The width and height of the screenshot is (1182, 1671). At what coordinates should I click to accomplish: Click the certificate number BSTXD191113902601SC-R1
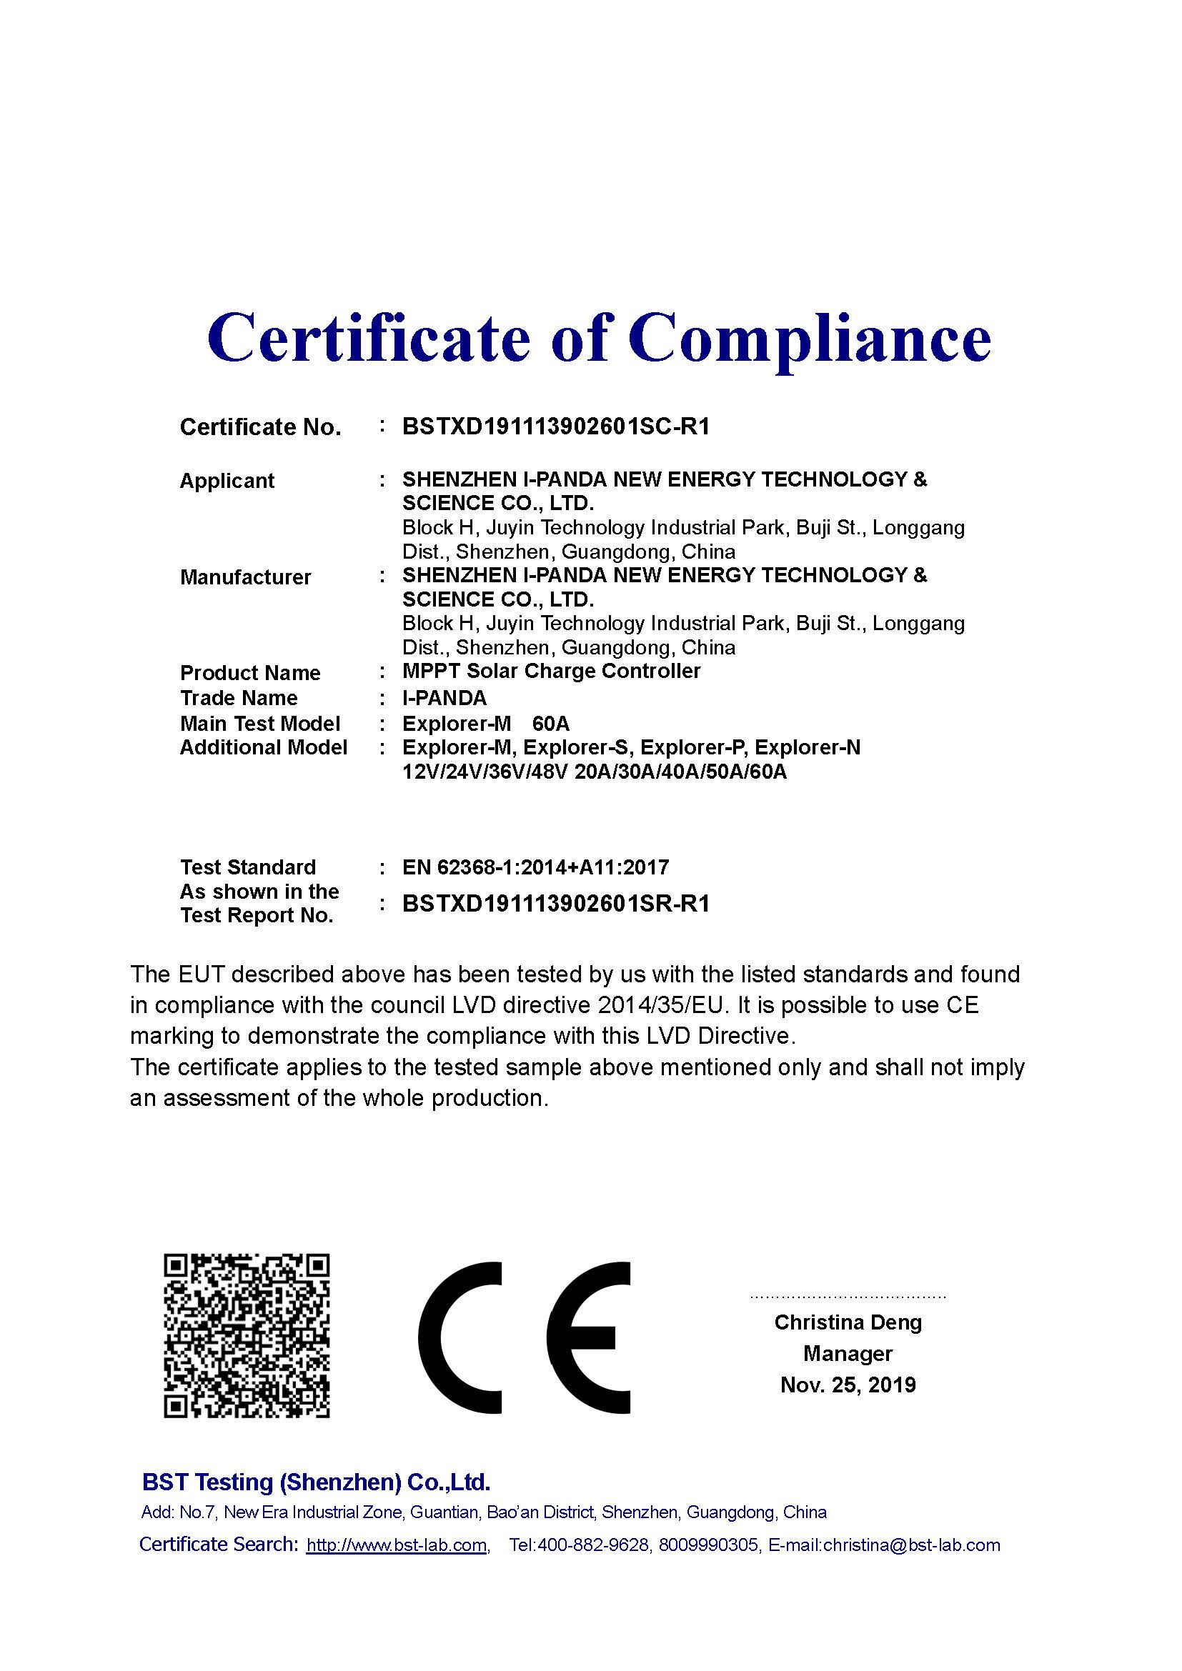[555, 427]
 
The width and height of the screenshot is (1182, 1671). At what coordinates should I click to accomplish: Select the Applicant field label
[227, 481]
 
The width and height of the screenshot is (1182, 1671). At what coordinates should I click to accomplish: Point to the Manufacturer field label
[245, 577]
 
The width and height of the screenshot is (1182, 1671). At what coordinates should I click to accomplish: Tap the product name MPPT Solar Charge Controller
[551, 671]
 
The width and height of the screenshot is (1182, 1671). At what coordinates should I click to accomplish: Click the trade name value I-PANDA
[444, 698]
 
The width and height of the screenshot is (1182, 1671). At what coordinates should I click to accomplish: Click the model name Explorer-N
[814, 747]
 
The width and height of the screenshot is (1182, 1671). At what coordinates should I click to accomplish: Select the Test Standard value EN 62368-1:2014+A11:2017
[535, 867]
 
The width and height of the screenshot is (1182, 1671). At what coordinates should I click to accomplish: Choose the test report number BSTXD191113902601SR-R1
[555, 904]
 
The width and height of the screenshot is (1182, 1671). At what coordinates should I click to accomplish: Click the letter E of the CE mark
[588, 1337]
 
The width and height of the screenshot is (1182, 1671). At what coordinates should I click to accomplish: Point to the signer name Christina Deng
[848, 1322]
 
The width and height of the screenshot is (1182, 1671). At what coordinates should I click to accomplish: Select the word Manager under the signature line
[848, 1354]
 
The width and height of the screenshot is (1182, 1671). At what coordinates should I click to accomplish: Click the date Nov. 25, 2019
[848, 1385]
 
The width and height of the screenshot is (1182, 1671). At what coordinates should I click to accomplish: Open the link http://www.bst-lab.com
[397, 1545]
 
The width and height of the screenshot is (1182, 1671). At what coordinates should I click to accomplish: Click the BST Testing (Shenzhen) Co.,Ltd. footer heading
[316, 1482]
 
